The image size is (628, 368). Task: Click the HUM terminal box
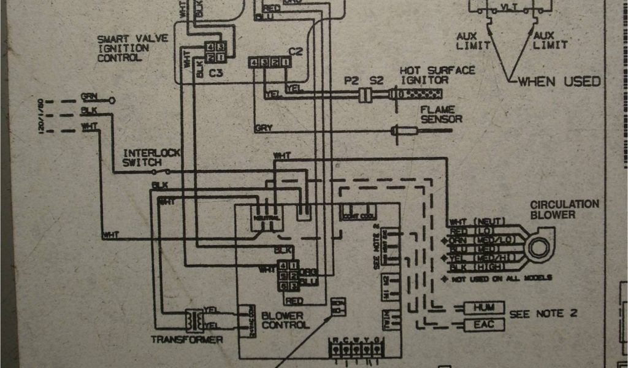tap(484, 307)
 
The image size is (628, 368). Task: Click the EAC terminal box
tap(484, 324)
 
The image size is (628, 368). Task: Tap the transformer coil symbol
tap(194, 320)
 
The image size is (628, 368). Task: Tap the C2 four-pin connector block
tap(269, 62)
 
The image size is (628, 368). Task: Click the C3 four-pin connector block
tap(215, 52)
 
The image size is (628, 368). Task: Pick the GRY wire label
tap(262, 128)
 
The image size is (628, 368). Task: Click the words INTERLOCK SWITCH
tap(142, 158)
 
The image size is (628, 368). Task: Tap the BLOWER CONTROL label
tap(285, 320)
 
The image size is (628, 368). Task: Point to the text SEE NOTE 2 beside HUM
tap(543, 313)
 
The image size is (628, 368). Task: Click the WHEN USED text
tap(559, 82)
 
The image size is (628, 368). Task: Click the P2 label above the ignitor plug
tap(351, 80)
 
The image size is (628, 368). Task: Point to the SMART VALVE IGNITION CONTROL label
tap(123, 48)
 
